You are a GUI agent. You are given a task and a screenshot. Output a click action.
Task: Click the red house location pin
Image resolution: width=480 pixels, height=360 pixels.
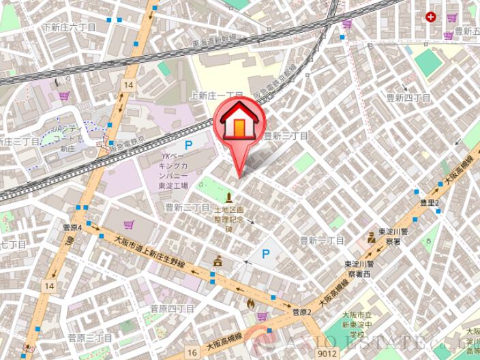(x=239, y=123)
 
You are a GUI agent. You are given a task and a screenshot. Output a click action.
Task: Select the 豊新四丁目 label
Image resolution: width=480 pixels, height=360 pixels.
(x=409, y=97)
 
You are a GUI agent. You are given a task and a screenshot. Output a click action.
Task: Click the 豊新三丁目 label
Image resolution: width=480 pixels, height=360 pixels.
(x=286, y=136)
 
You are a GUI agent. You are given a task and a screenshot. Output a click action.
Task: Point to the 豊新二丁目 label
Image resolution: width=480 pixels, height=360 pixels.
(x=187, y=207)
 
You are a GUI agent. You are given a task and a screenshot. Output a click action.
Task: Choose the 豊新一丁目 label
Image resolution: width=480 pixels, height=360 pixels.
(x=322, y=240)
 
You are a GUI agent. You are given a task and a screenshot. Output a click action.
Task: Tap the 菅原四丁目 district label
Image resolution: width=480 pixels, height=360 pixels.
(x=172, y=309)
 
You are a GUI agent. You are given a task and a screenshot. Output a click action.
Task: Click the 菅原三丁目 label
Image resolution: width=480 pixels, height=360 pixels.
(x=90, y=337)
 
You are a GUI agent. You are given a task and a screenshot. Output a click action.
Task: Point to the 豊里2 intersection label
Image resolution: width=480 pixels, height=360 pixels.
(x=430, y=202)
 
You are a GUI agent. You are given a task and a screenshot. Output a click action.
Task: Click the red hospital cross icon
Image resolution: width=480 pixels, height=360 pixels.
(x=430, y=16)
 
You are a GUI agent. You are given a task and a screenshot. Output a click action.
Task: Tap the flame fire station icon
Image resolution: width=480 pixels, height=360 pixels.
(x=250, y=303)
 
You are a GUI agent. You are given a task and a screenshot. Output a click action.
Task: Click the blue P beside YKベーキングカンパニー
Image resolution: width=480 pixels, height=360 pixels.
(x=189, y=145)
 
